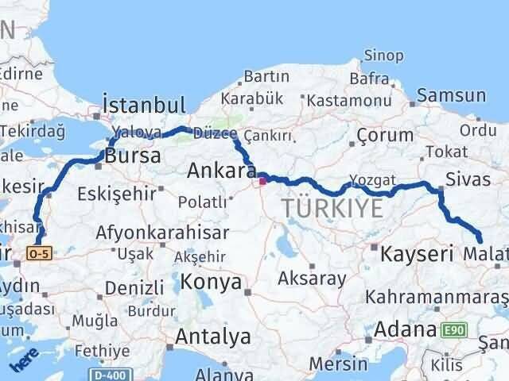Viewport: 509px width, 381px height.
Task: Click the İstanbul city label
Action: pos(143,106)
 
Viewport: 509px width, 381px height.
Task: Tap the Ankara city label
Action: pos(220,171)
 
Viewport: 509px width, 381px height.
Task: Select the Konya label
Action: pos(211,282)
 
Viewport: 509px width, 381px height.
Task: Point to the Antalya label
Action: pos(212,337)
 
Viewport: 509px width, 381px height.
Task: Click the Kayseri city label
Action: pos(416,255)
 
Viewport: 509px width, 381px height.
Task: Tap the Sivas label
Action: pos(468,179)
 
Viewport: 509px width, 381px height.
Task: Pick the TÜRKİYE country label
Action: pos(332,210)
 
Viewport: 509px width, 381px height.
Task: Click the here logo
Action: pos(23,360)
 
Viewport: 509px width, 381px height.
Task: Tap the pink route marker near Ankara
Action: pos(263,179)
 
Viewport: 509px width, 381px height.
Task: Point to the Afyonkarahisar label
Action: pos(162,233)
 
